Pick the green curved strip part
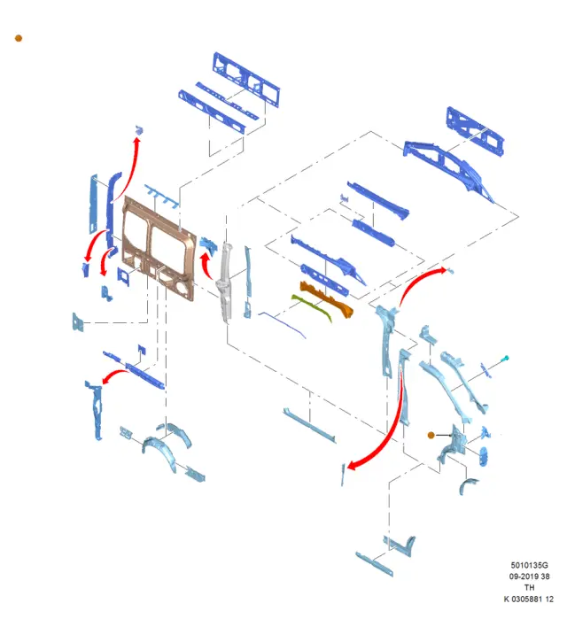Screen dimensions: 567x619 click(x=312, y=306)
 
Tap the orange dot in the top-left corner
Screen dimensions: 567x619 click(x=19, y=38)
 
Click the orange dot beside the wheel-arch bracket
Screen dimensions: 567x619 click(x=431, y=435)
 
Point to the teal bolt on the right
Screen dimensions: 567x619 click(x=505, y=359)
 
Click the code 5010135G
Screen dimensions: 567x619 click(x=529, y=565)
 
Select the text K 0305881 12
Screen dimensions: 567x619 click(x=529, y=600)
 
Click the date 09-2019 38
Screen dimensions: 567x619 click(x=529, y=576)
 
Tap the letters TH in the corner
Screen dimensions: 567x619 click(x=529, y=587)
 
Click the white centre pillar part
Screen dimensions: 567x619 click(x=225, y=282)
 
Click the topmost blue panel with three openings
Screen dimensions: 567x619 click(x=246, y=79)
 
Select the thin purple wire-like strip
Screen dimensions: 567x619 click(x=283, y=325)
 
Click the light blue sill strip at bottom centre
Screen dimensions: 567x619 click(x=309, y=425)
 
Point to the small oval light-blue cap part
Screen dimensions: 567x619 click(x=483, y=456)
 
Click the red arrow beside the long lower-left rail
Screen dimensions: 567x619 click(x=114, y=375)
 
